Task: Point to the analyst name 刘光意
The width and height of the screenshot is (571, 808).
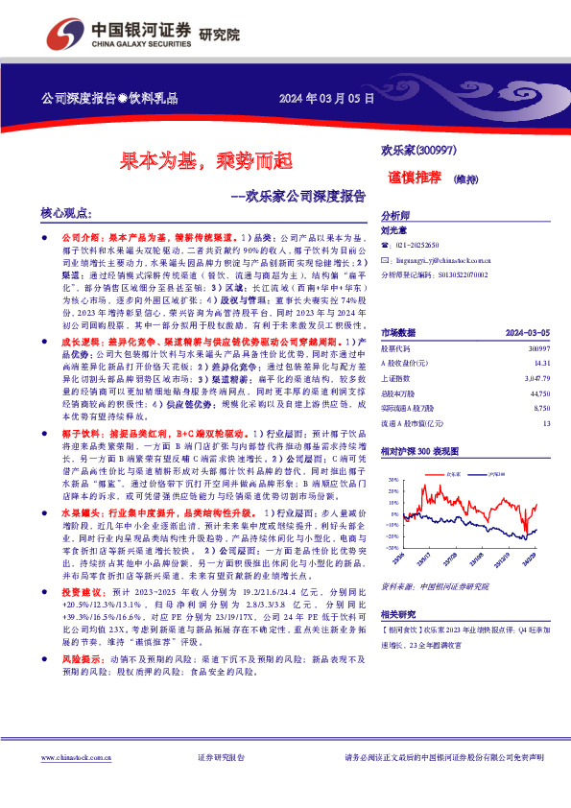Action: (393, 230)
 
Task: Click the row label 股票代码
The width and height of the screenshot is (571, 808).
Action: (397, 321)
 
